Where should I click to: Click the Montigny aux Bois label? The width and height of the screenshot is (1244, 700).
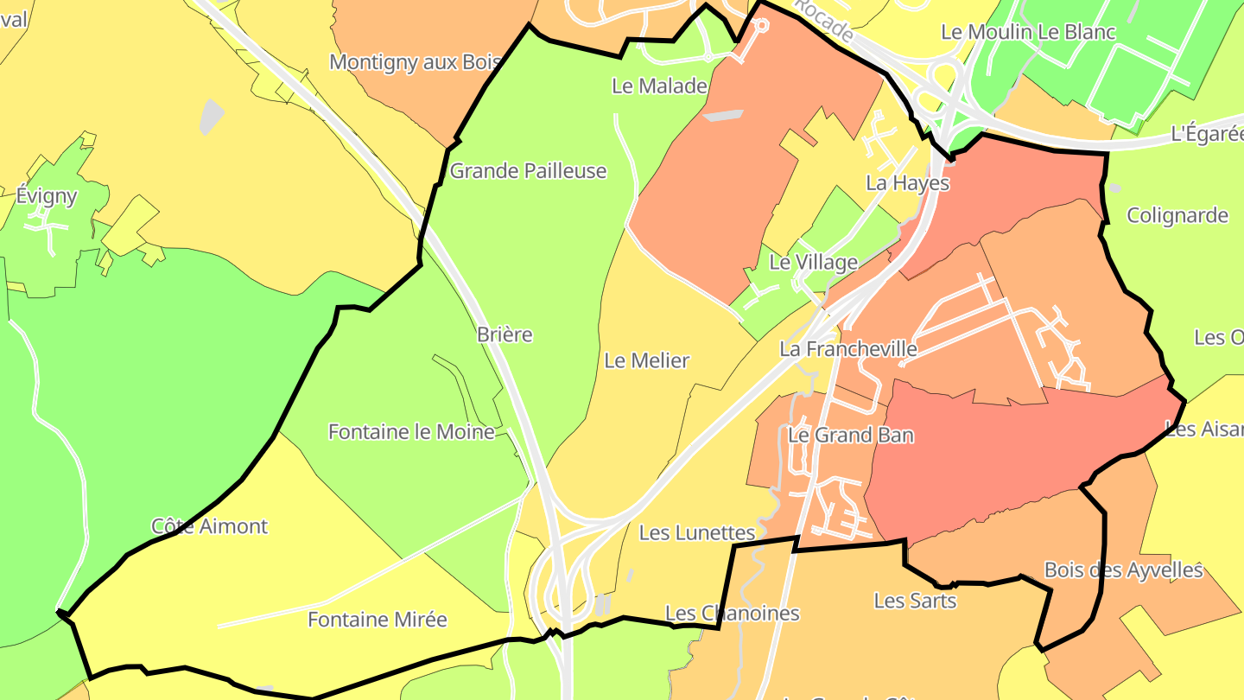pos(403,62)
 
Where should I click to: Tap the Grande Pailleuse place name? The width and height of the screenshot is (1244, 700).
pos(528,171)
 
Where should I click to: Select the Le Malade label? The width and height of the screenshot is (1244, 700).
pos(659,86)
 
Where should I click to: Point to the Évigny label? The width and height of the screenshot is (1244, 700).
pos(47,196)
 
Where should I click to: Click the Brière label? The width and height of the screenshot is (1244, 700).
pos(505,334)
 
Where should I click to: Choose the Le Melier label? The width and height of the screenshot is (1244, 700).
pos(646,360)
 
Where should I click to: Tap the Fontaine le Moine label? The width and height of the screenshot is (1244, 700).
pos(411,431)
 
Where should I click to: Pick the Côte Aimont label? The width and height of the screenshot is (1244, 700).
pos(209,526)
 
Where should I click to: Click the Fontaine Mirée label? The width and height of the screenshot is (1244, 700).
pos(378,620)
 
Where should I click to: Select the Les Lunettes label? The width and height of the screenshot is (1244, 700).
pos(697,533)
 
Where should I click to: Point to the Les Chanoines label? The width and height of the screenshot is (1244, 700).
pos(733,614)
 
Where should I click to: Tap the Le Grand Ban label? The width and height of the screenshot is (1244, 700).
pos(850,435)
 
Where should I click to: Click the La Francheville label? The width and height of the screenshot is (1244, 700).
pos(848,349)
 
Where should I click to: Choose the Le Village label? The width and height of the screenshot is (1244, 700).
pos(813,262)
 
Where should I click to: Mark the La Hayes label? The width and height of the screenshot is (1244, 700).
pos(907,183)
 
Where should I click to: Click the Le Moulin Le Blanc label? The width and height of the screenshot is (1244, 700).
pos(1028,33)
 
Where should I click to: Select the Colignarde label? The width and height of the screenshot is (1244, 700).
pos(1177,215)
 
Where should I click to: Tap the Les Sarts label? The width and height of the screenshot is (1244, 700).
pos(915,600)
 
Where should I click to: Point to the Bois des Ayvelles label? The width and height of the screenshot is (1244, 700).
pos(1123,570)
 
